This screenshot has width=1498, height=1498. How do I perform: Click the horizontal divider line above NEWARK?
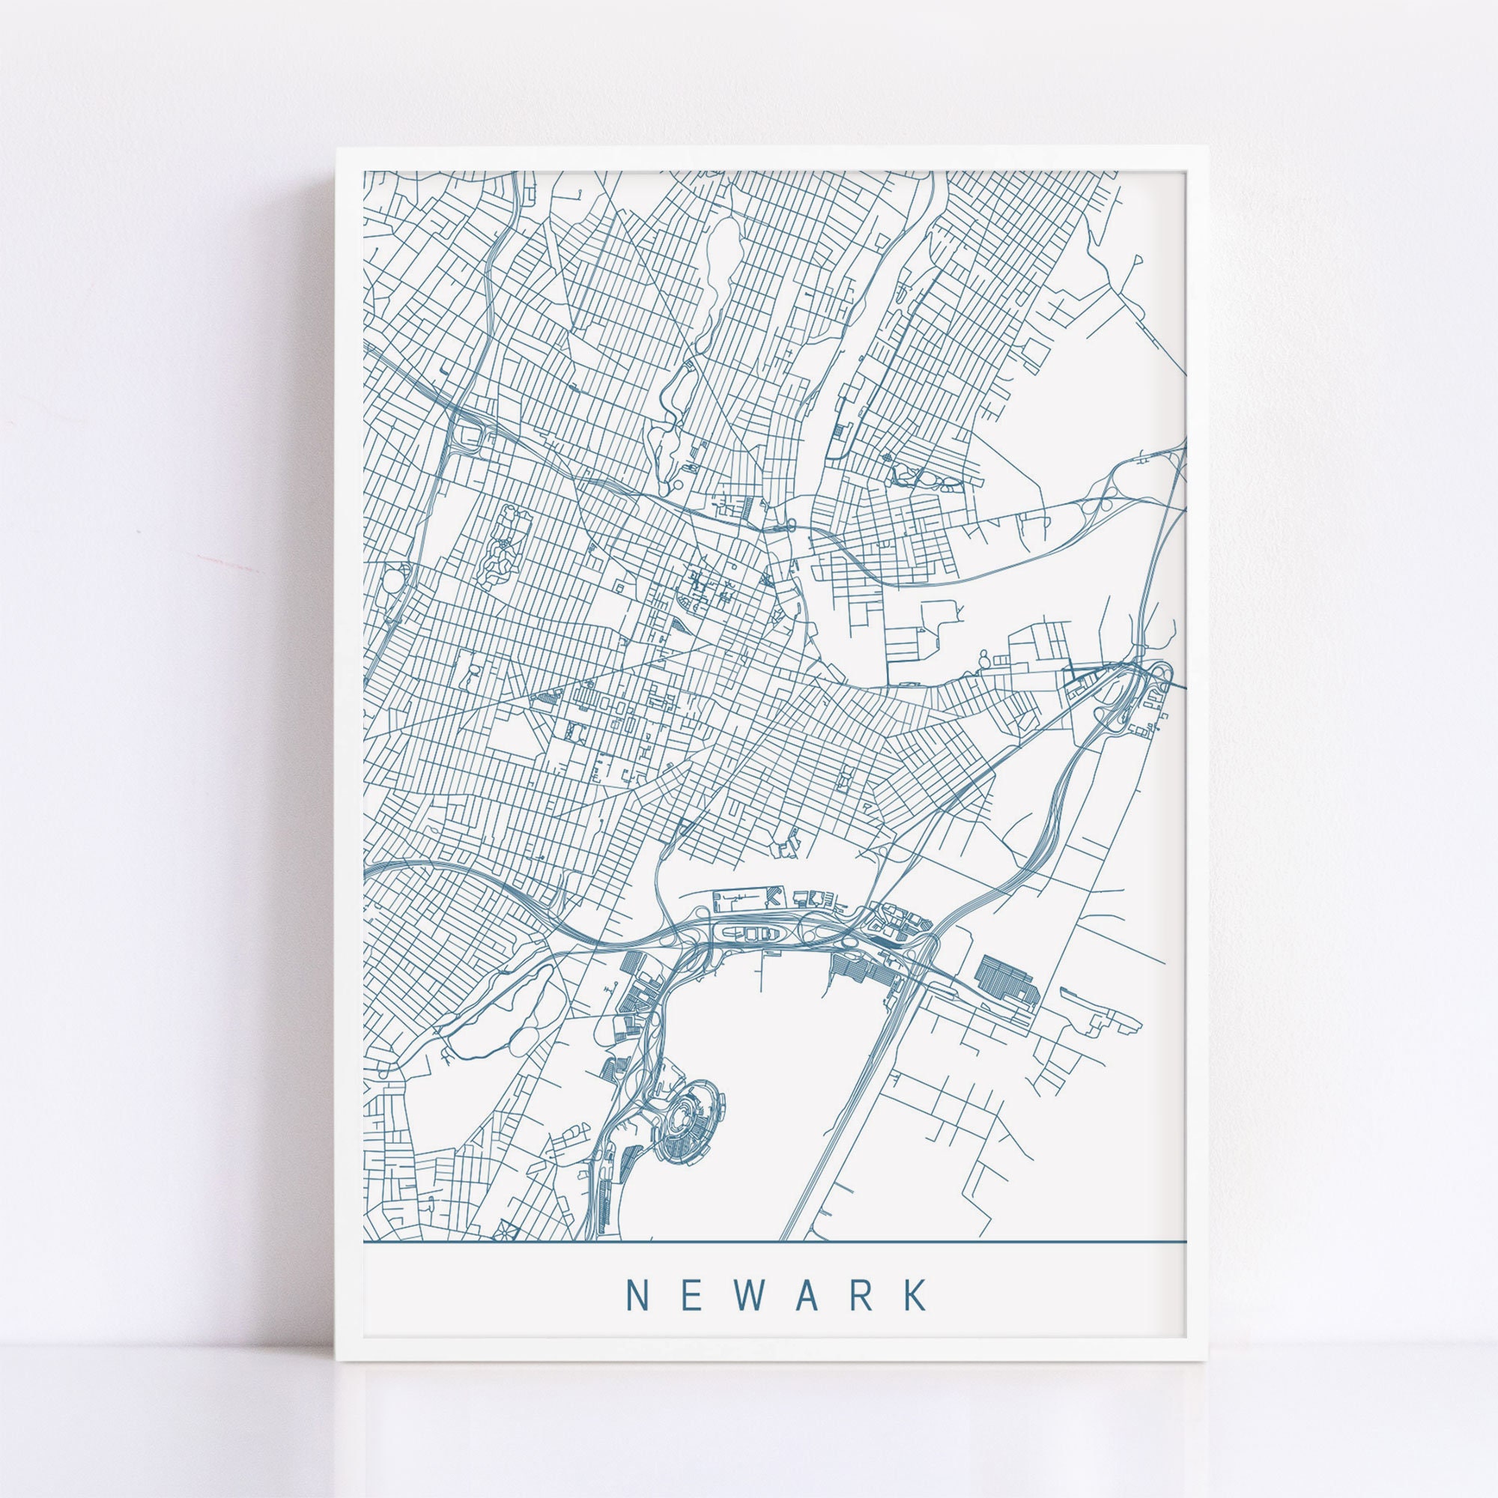click(x=775, y=1241)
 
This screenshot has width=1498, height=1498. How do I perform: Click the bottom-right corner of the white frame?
click(x=1207, y=1360)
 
